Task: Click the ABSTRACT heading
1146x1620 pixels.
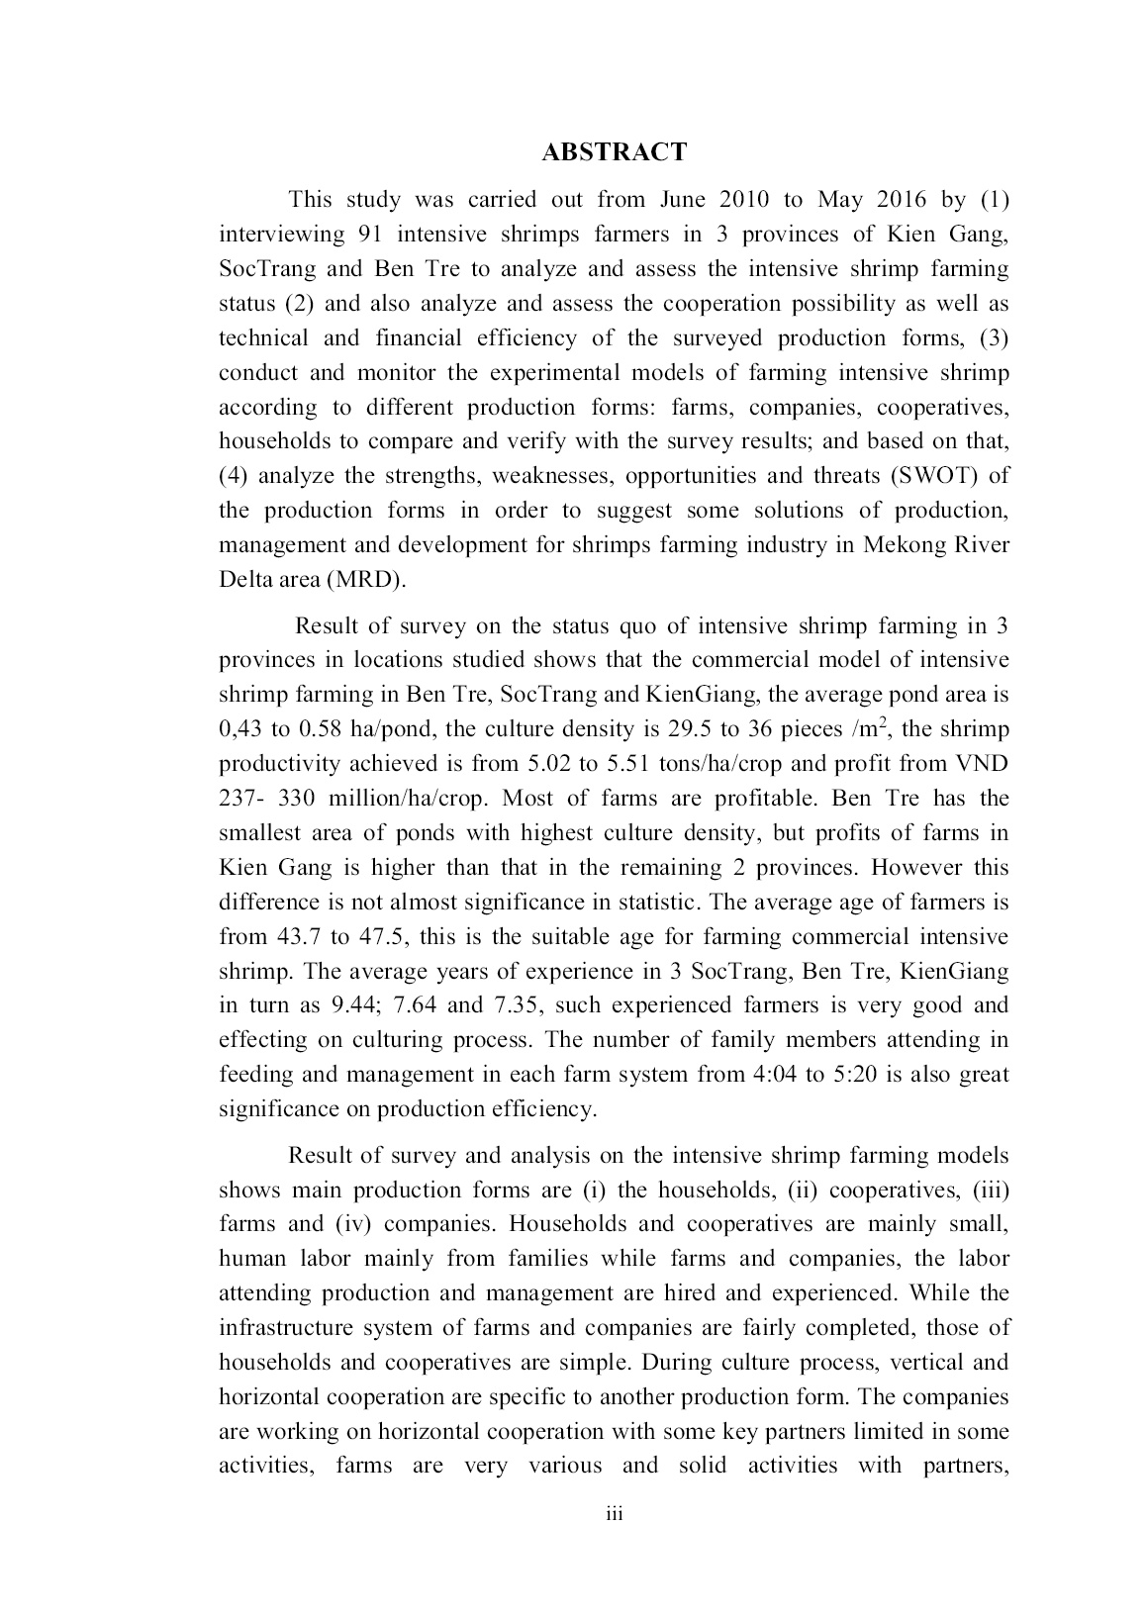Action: [x=614, y=152]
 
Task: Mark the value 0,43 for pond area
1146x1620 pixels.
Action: [x=239, y=730]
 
